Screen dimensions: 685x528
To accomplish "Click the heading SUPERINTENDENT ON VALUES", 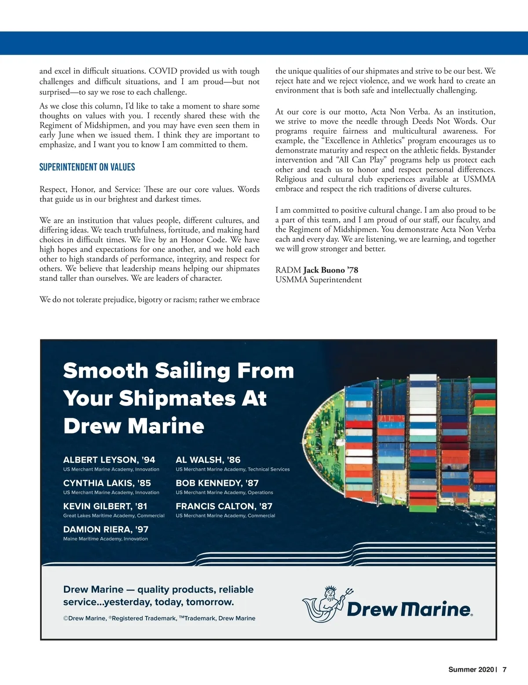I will tap(87, 167).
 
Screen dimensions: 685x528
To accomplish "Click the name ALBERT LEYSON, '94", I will tap(109, 460).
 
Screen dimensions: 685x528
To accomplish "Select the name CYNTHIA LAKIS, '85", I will tap(107, 483).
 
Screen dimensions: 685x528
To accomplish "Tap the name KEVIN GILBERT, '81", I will tap(105, 506).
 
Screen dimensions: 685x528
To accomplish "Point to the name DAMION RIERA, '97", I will tap(106, 529).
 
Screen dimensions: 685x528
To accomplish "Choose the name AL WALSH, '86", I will tap(208, 460).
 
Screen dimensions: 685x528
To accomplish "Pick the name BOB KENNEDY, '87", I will tap(217, 483).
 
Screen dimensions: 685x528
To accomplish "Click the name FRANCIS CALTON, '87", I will tap(224, 506).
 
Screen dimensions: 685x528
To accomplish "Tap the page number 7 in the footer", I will tap(505, 670).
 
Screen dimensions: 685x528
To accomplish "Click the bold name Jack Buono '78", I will tap(330, 270).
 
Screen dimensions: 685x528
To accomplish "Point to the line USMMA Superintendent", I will tap(319, 280).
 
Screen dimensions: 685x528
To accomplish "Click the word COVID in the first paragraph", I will tap(163, 71).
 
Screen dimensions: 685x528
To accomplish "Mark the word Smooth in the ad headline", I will tap(106, 371).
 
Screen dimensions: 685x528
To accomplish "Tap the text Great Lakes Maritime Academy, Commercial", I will tap(114, 516).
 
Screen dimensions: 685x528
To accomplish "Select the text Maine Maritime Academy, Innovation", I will tap(106, 539).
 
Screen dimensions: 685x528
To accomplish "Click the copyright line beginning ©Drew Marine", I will tap(159, 618).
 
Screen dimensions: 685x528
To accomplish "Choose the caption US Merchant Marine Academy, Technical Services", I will tap(233, 470).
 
